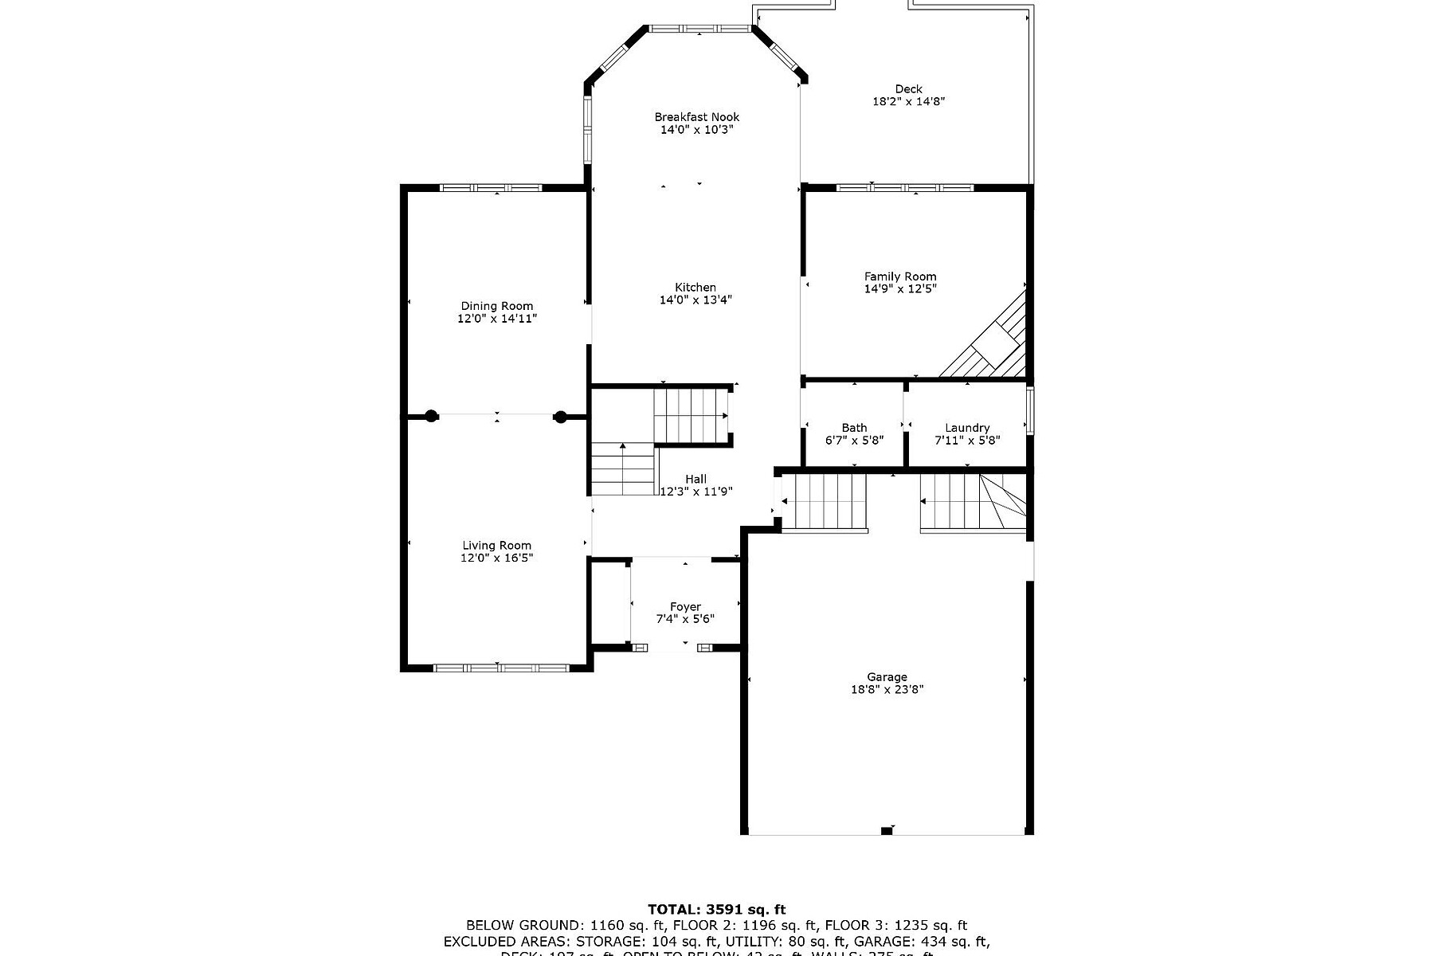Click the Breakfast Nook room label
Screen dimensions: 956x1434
(696, 117)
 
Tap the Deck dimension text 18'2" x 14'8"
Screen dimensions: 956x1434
(908, 102)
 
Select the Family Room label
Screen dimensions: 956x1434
(900, 276)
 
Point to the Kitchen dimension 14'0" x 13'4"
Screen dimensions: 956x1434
(695, 300)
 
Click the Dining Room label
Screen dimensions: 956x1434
(497, 306)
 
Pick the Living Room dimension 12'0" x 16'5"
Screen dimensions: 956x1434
(496, 558)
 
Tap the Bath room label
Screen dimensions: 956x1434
(854, 428)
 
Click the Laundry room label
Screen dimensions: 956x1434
(967, 428)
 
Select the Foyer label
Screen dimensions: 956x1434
(685, 607)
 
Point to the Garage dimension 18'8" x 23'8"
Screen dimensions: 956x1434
(887, 690)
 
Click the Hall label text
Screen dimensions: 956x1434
(695, 479)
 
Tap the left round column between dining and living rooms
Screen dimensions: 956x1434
(431, 415)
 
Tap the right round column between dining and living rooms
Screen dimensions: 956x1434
(560, 415)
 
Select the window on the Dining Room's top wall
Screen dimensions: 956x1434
(491, 188)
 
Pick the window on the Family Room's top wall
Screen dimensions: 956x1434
(905, 188)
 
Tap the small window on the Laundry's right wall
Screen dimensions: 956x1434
(1030, 410)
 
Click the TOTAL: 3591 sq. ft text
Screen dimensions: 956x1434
(716, 909)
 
